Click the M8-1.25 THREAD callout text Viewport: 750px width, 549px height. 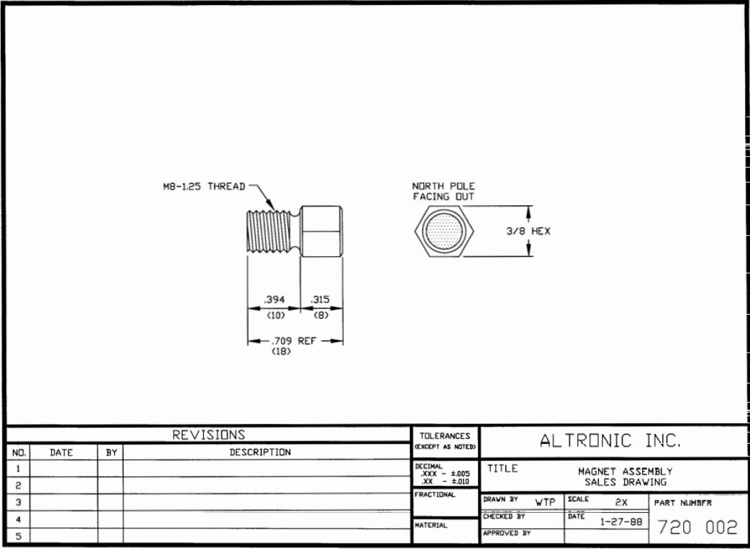204,186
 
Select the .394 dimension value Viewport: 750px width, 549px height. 274,300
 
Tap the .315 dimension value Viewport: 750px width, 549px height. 320,300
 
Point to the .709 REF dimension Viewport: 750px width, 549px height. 294,341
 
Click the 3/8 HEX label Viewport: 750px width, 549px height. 528,231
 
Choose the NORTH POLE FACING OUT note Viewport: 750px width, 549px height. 443,191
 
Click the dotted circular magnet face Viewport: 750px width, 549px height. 444,231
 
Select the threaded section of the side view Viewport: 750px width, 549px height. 269,231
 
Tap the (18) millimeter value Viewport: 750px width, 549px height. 281,351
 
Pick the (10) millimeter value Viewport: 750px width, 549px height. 276,316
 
